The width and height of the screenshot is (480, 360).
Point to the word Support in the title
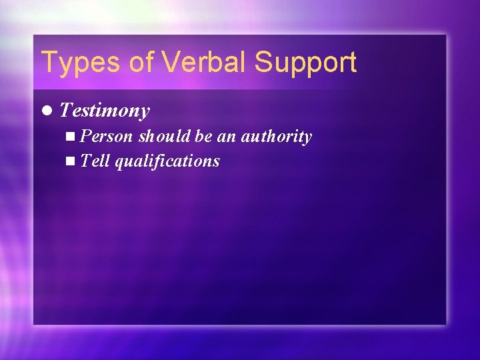[305, 63]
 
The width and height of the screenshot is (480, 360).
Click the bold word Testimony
[105, 111]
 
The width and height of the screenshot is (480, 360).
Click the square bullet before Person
[71, 137]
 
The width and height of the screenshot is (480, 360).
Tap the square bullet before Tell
[71, 161]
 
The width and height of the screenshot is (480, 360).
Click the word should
[165, 137]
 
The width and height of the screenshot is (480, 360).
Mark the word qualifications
[167, 161]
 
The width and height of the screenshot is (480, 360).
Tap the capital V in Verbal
[171, 63]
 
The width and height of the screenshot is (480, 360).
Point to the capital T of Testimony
[65, 110]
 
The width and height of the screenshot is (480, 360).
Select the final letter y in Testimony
[145, 113]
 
